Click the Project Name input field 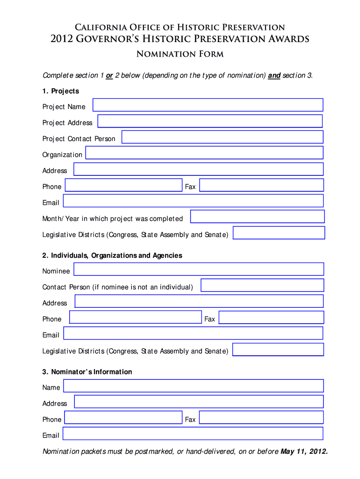click(x=208, y=105)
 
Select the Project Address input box click(x=210, y=122)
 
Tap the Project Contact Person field click(x=222, y=137)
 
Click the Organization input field click(x=204, y=153)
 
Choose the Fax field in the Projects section click(x=261, y=185)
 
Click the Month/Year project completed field click(x=257, y=217)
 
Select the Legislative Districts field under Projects click(x=279, y=233)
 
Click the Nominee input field click(x=199, y=269)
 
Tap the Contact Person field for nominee click(x=262, y=285)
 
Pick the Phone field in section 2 click(x=135, y=317)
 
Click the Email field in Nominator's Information click(x=193, y=434)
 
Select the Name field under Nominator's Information click(x=194, y=386)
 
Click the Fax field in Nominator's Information click(x=261, y=418)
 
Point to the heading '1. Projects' click(x=61, y=91)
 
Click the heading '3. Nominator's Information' click(x=87, y=372)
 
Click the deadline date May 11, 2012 click(x=304, y=452)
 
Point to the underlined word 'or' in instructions click(x=109, y=76)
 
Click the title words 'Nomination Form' click(x=180, y=54)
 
